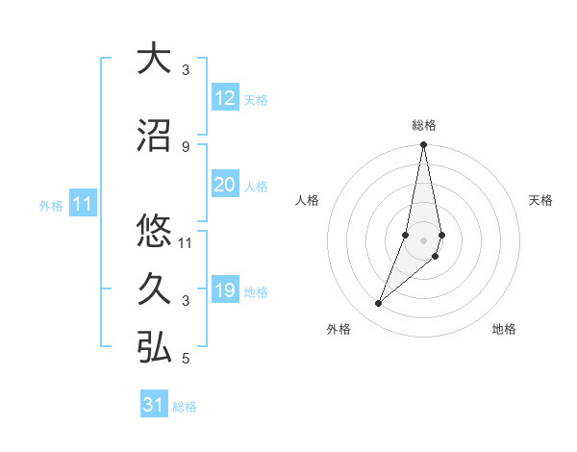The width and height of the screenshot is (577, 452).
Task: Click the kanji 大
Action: tap(154, 59)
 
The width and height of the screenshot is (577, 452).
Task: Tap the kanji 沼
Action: tap(154, 136)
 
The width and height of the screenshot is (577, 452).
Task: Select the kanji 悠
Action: tap(154, 231)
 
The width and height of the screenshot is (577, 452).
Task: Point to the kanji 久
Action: tap(154, 289)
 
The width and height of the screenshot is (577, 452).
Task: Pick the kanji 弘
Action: tap(154, 348)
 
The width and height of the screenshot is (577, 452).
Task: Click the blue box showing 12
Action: tap(224, 98)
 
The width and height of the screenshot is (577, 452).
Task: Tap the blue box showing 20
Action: tap(224, 185)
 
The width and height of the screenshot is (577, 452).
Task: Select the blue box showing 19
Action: tap(224, 290)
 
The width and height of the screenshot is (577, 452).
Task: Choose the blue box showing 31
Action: tap(154, 405)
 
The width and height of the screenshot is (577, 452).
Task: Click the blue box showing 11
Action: tap(83, 204)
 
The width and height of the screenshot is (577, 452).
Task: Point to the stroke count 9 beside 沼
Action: tap(185, 146)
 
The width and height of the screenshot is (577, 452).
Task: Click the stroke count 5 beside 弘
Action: tap(185, 360)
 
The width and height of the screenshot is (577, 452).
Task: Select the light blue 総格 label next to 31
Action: tap(185, 407)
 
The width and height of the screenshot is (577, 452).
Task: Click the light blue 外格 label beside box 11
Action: tap(51, 206)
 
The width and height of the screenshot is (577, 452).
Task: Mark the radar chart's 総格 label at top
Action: tap(424, 125)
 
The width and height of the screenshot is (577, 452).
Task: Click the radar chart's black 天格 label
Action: tap(541, 200)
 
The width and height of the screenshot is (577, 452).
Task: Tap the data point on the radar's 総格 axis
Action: tap(424, 145)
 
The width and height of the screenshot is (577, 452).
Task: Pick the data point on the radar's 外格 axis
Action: tap(379, 304)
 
